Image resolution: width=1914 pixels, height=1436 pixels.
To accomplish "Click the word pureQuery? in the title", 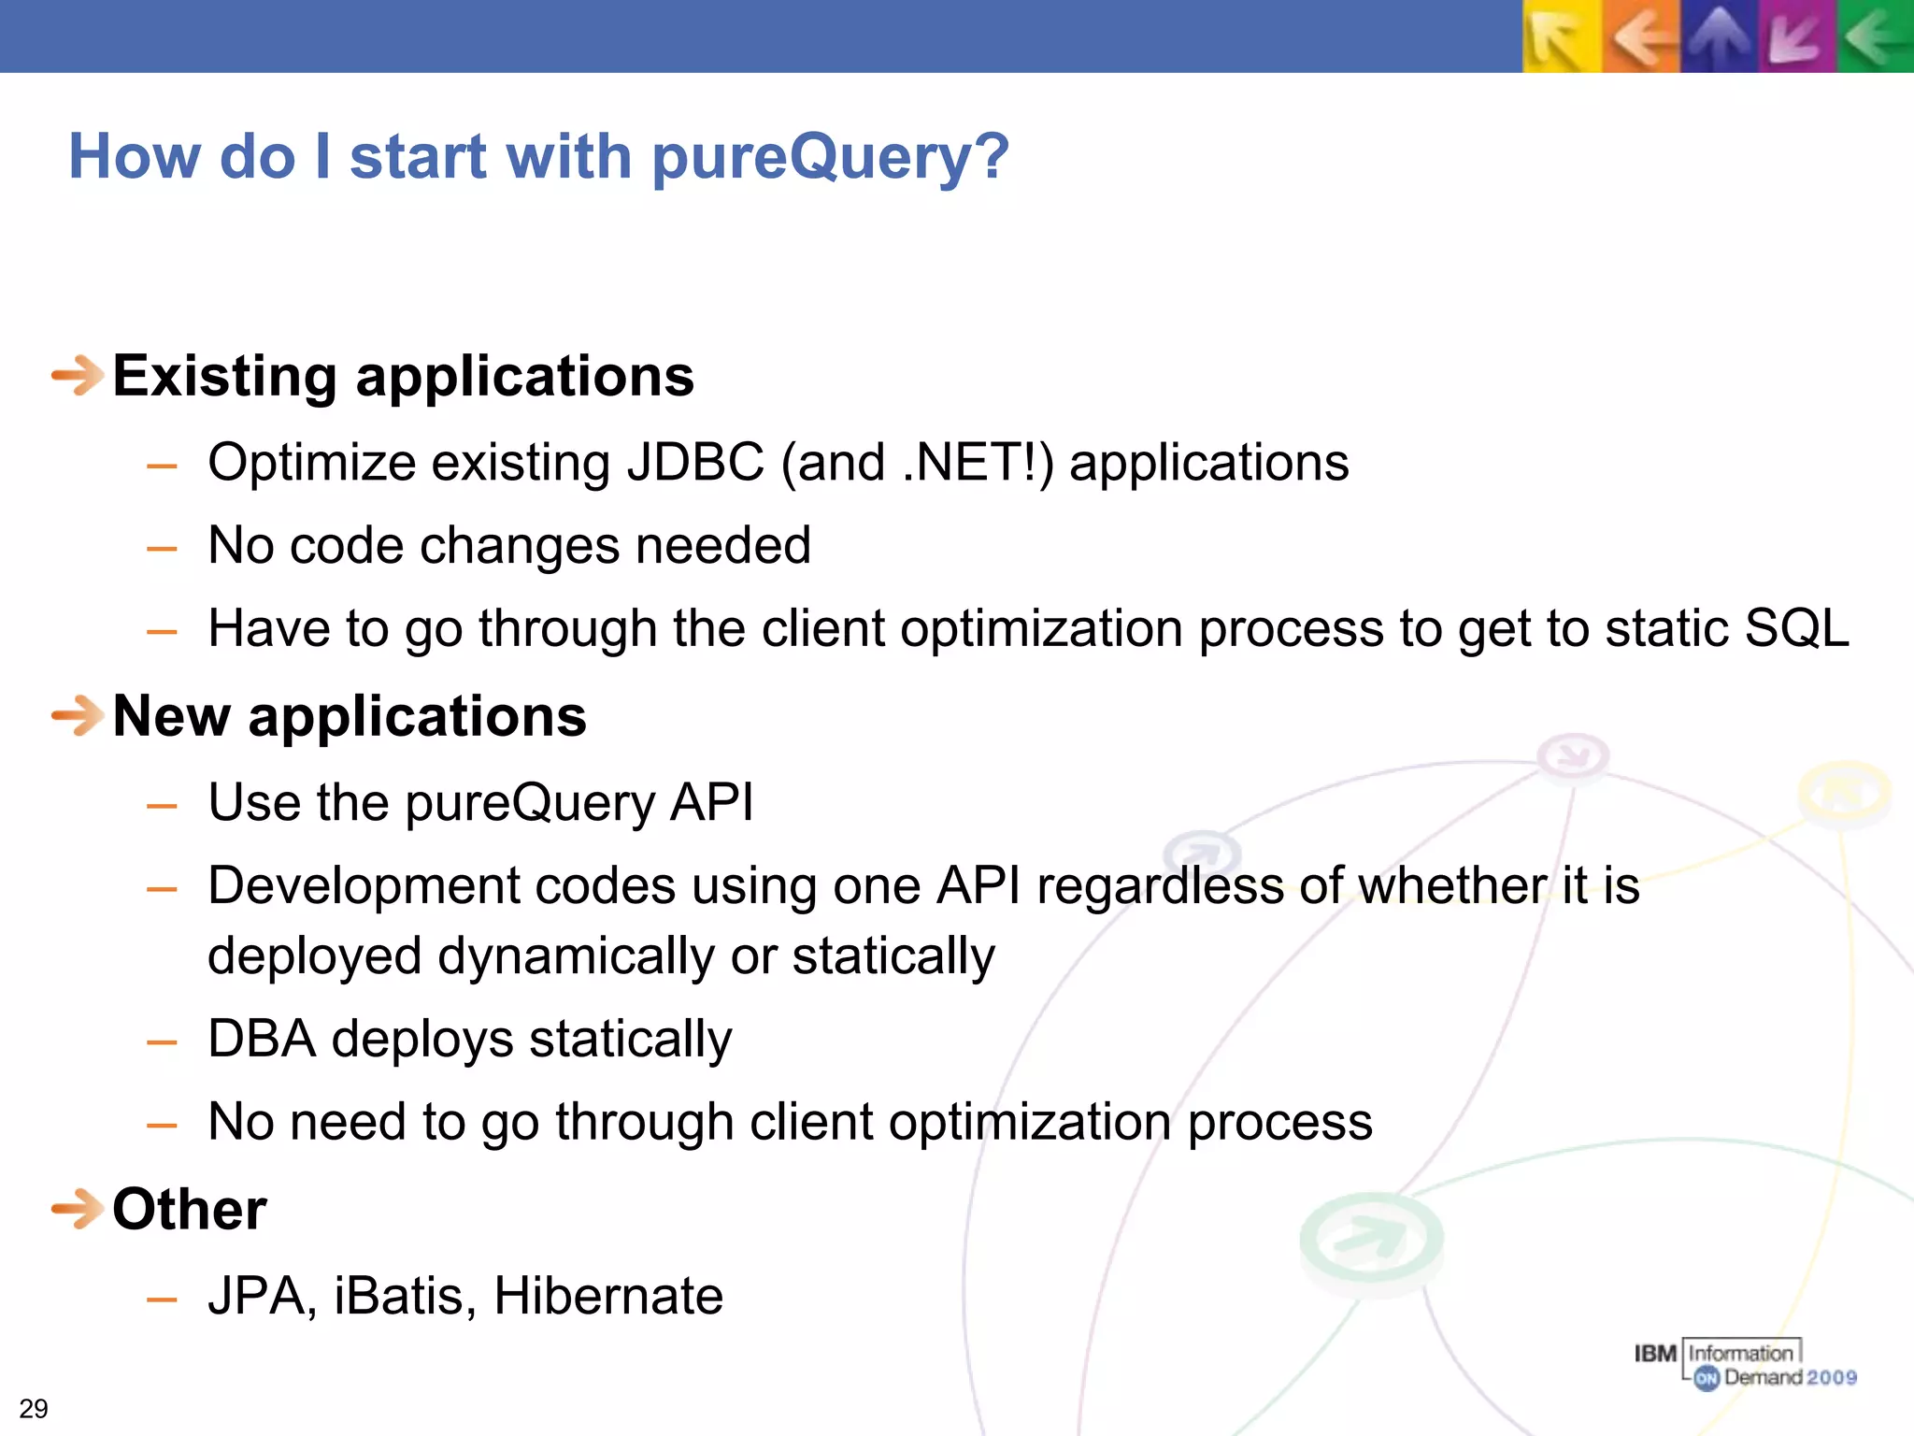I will click(x=830, y=157).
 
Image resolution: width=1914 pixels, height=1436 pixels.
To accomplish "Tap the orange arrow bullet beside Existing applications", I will click(x=77, y=376).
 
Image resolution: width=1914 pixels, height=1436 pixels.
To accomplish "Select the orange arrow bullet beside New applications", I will click(x=77, y=716).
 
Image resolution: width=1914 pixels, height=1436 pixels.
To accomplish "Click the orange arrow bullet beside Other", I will click(x=77, y=1209).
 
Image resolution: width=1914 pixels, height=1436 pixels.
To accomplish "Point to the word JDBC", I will click(x=695, y=463).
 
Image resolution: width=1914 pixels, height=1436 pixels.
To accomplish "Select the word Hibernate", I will click(x=607, y=1296).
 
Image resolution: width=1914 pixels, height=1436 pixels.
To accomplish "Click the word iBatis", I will click(x=405, y=1296).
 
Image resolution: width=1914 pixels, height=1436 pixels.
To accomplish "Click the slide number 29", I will click(x=34, y=1409).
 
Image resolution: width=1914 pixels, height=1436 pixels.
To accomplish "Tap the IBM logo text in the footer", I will click(x=1655, y=1354).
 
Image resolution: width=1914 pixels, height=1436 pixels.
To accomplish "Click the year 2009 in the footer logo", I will click(x=1832, y=1377).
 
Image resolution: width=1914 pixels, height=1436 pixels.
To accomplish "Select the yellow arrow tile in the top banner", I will click(x=1561, y=36).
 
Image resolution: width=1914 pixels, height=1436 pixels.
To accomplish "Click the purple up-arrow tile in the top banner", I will click(x=1720, y=36).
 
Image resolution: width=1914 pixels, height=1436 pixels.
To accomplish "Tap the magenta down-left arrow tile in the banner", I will click(x=1796, y=36).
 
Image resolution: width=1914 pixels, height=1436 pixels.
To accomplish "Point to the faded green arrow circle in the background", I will click(x=1371, y=1239).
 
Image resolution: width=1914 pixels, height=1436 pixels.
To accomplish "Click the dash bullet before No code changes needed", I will click(x=162, y=548).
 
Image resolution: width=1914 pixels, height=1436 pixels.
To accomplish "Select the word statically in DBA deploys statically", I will click(x=630, y=1039).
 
